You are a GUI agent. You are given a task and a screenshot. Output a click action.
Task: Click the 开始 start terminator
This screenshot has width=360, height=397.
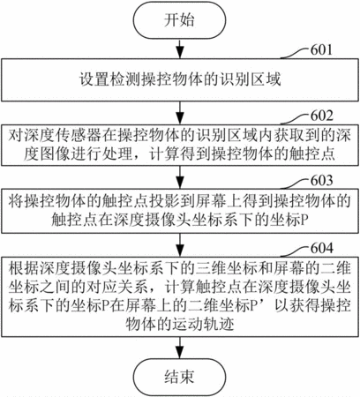[179, 20]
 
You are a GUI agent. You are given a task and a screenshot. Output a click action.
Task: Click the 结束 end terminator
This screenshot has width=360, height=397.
[179, 377]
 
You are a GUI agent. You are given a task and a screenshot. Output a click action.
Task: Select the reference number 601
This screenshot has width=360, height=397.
[321, 49]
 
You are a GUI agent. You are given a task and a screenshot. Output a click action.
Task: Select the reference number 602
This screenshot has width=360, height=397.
[322, 116]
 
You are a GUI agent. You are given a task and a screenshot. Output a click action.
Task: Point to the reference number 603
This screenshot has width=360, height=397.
[322, 180]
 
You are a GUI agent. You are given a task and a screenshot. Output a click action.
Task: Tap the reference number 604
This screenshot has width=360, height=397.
[322, 248]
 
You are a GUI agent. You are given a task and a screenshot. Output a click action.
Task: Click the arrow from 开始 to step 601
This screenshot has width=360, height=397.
[180, 49]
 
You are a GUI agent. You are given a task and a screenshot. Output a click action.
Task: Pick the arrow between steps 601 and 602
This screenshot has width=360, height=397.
[180, 113]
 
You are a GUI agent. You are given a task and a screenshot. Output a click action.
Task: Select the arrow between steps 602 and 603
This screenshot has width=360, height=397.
[180, 177]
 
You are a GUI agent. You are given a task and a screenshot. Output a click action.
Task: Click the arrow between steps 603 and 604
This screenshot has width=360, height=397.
[180, 245]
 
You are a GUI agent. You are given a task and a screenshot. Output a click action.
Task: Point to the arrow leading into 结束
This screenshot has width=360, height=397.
[180, 348]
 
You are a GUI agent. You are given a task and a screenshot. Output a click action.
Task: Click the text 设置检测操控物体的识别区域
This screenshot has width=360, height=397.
[180, 79]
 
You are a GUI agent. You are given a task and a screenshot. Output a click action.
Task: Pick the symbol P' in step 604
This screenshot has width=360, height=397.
[254, 306]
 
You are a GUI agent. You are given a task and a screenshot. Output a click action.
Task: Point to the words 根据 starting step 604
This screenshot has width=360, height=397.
[24, 268]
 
